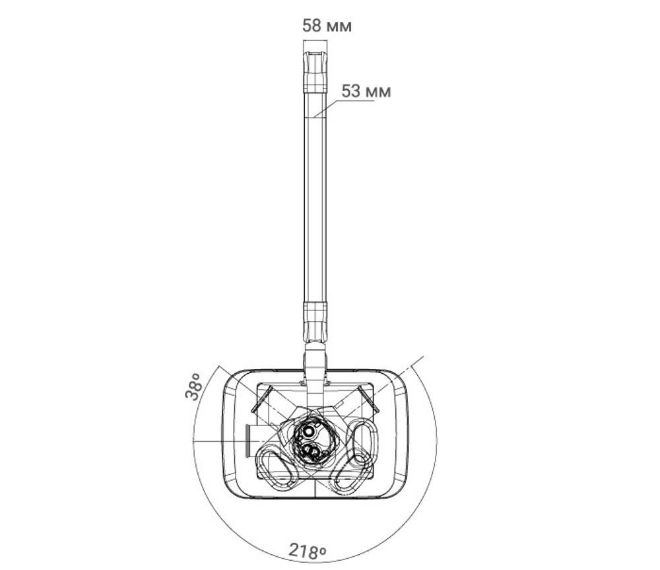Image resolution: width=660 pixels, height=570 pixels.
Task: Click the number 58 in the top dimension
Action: tap(312, 26)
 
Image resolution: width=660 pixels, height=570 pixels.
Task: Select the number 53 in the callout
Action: tap(351, 91)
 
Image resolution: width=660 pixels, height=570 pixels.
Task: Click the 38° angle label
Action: tap(192, 386)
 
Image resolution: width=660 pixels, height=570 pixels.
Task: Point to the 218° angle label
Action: tap(308, 551)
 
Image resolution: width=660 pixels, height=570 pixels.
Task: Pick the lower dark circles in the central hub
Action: tap(311, 451)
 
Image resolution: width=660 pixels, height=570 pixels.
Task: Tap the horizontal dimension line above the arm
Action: tap(315, 40)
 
